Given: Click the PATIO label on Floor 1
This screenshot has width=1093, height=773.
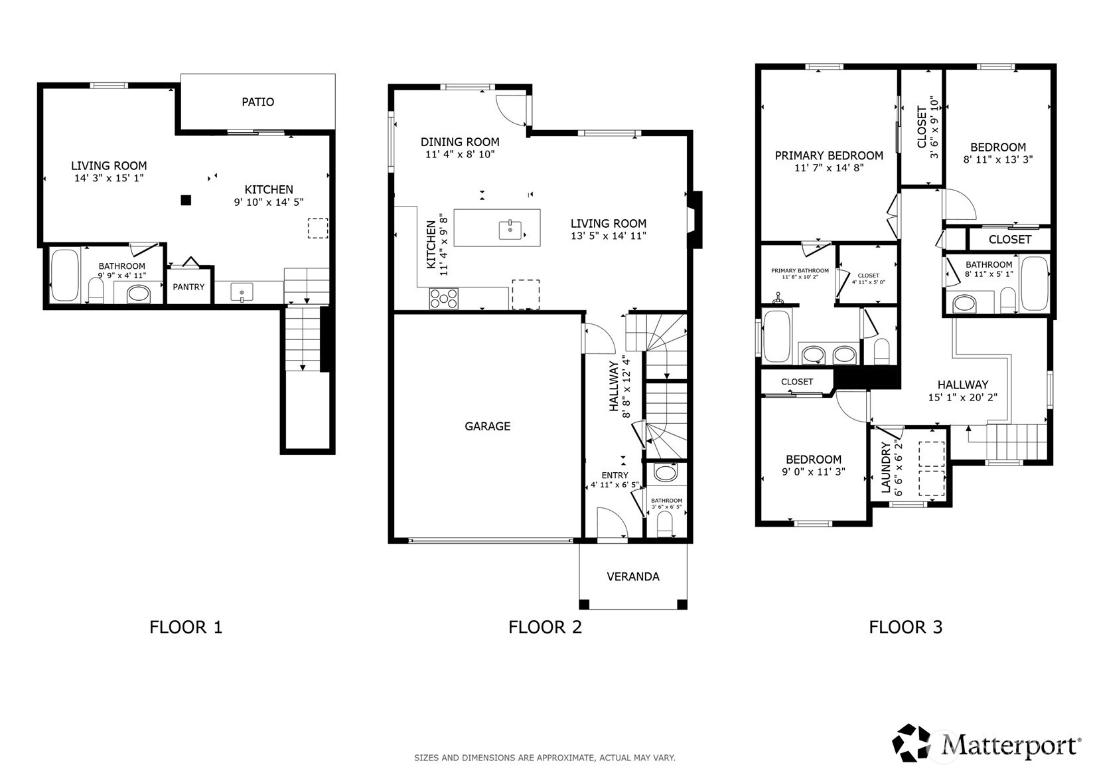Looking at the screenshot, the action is coord(257,102).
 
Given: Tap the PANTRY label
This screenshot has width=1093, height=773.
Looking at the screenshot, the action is coord(188,287).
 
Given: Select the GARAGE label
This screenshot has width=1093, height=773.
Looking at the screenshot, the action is coord(488,426).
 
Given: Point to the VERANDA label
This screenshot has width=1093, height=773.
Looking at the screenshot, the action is coord(633,576).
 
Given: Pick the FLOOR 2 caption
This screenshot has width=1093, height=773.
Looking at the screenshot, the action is coord(545,627).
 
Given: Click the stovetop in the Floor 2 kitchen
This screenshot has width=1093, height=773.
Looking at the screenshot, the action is coord(443,298).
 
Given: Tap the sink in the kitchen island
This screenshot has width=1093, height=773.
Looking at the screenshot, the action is coord(510,230).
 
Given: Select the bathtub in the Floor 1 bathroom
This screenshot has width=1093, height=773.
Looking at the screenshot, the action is coord(65,276).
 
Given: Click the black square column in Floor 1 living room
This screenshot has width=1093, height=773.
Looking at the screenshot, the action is coord(186,200).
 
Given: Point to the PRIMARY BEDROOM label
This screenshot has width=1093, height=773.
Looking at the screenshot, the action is coord(829,156).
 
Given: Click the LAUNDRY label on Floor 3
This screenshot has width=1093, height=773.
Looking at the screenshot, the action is coord(886,468).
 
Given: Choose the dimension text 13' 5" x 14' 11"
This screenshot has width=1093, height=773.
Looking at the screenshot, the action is coord(609,236).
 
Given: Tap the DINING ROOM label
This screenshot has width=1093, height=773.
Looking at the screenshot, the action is coord(460,142).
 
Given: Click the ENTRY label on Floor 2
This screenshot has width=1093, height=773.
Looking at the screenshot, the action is coord(615,475).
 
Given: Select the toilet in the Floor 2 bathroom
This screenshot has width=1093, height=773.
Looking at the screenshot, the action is coord(664,525).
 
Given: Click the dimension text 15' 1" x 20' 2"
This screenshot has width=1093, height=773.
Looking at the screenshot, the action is coord(963,398).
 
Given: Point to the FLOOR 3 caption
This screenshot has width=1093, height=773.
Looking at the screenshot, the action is coord(906,627).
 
